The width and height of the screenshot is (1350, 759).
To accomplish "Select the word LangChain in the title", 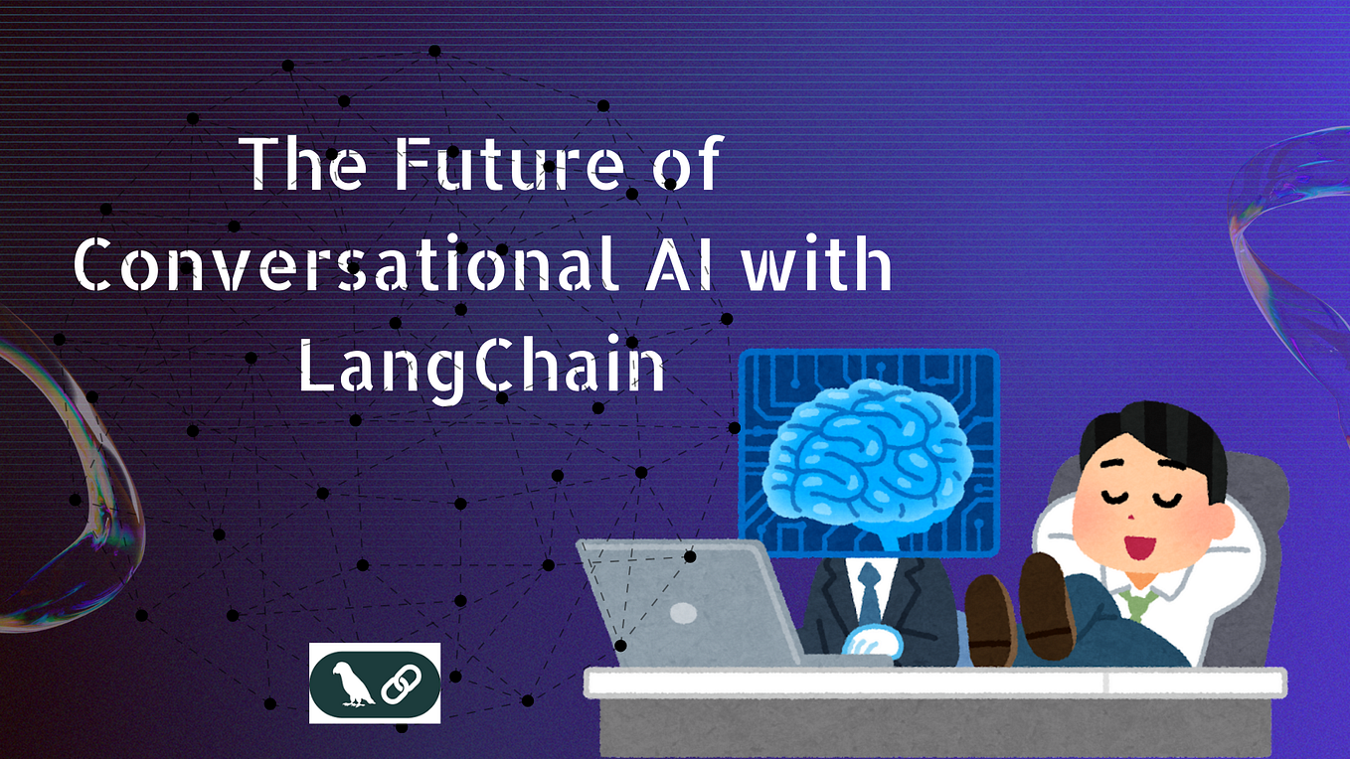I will click(x=482, y=368).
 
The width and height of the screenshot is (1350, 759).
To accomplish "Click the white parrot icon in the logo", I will click(x=344, y=683).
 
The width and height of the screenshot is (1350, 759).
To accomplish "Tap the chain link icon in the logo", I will click(x=403, y=683).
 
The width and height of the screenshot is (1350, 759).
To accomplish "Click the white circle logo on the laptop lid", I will click(x=684, y=612).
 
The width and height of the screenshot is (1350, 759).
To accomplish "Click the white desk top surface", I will click(x=934, y=682).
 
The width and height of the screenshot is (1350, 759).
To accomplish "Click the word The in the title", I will click(x=304, y=164).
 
